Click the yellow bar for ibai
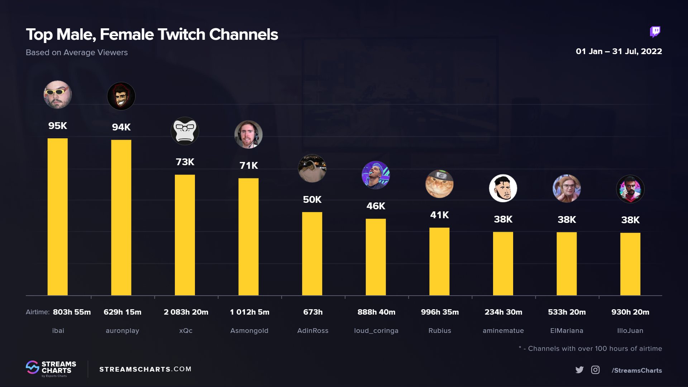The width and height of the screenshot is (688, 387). coord(57,217)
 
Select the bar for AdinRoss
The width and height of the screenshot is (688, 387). coord(312,254)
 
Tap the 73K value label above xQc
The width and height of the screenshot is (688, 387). coord(185,162)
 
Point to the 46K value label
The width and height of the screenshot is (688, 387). coord(376,206)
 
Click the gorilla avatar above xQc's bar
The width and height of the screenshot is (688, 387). coord(185,131)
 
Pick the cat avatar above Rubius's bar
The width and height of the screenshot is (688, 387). coord(439,184)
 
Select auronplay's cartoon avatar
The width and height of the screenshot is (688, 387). coord(121,96)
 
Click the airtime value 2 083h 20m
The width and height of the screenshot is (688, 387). coord(186,312)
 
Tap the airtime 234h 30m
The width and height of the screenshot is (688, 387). coord(503,312)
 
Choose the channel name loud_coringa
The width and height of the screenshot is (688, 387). coord(376,331)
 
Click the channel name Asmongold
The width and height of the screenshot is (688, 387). coord(249,331)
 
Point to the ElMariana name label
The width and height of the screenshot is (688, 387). coord(567,331)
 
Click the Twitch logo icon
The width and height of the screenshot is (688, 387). coord(655,32)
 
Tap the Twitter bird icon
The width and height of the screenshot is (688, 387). coord(579,370)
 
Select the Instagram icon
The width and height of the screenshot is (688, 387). coord(595,370)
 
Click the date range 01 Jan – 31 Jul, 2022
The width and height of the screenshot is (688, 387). coord(618,51)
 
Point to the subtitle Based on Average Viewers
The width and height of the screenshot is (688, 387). coord(77,52)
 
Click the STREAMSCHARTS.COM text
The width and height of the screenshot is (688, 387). coord(145,369)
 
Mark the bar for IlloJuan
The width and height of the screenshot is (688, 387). coord(630,264)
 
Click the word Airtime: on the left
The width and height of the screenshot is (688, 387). coord(37,312)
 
